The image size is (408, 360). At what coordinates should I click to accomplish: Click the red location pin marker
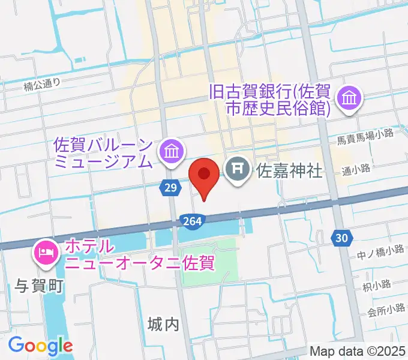(x=204, y=175)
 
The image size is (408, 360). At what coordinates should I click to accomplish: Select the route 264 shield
(x=190, y=221)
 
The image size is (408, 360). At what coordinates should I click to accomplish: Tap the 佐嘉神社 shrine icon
(x=238, y=168)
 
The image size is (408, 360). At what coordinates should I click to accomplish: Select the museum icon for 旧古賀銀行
(x=349, y=98)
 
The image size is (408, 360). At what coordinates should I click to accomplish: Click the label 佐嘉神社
(x=289, y=171)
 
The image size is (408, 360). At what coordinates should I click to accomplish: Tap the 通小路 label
(x=356, y=169)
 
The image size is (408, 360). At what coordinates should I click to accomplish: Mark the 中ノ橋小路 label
(x=379, y=250)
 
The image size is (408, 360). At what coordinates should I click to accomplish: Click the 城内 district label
(x=163, y=325)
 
